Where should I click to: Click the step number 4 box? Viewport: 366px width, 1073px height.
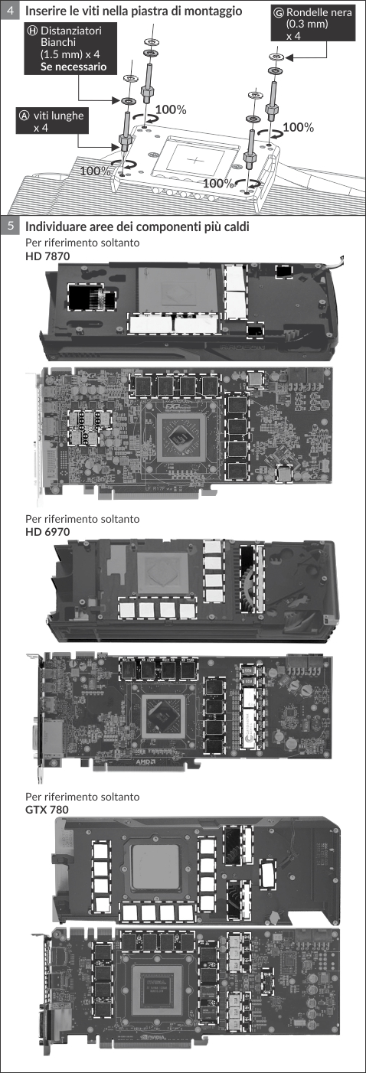tap(11, 10)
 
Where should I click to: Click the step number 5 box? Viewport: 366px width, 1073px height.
tap(11, 225)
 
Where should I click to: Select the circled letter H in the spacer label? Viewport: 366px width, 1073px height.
tap(33, 31)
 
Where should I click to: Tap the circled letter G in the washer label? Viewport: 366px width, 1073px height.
tap(279, 12)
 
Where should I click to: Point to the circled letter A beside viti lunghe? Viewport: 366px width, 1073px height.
tap(24, 116)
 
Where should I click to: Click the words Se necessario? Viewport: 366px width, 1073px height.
tap(74, 67)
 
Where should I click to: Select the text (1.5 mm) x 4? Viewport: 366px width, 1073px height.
tap(70, 54)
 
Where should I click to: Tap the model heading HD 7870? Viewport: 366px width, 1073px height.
tap(47, 256)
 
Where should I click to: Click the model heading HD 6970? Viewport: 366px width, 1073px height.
tap(47, 532)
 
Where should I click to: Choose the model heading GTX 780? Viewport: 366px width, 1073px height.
tap(47, 810)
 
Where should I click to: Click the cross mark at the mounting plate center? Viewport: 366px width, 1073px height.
tap(195, 158)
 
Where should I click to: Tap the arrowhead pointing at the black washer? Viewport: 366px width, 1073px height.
tap(289, 57)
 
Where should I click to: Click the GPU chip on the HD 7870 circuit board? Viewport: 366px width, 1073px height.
tap(181, 437)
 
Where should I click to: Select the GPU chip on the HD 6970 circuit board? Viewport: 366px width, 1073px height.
tap(163, 716)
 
